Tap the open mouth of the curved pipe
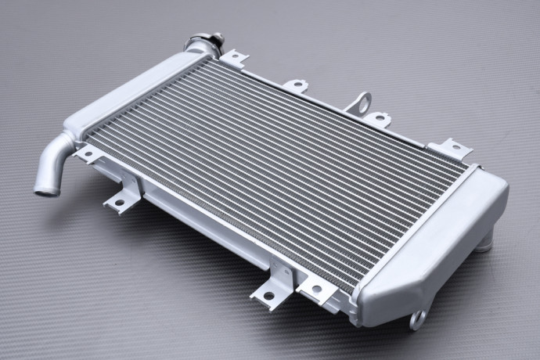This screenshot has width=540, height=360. (43, 188)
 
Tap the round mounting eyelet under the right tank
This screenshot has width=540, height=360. (417, 319)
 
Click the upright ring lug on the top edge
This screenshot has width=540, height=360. (361, 103)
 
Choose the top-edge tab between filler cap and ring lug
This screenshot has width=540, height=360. (296, 84)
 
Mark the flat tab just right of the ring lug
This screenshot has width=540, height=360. (377, 119)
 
